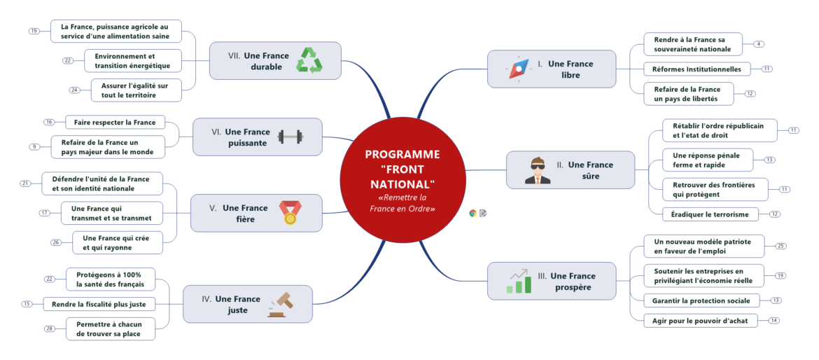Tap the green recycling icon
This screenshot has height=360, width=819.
pyautogui.click(x=309, y=60)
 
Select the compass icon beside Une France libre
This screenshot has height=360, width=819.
pyautogui.click(x=519, y=69)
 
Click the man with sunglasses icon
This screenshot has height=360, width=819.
pyautogui.click(x=538, y=170)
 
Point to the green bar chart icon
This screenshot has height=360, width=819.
pyautogui.click(x=519, y=281)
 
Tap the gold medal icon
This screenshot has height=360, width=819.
pyautogui.click(x=289, y=212)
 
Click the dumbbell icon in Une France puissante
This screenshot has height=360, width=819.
pyautogui.click(x=290, y=137)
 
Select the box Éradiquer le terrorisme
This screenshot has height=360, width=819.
pyautogui.click(x=710, y=214)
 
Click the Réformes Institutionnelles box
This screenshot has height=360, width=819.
pyautogui.click(x=697, y=69)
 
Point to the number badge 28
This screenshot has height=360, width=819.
pyautogui.click(x=50, y=328)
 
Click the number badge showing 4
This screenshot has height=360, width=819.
pyautogui.click(x=759, y=44)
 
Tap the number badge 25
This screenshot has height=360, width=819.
pyautogui.click(x=780, y=246)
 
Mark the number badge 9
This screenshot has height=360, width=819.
pyautogui.click(x=34, y=146)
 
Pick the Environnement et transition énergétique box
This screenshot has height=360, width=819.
pyautogui.click(x=133, y=61)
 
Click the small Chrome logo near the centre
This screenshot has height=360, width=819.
pyautogui.click(x=472, y=213)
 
